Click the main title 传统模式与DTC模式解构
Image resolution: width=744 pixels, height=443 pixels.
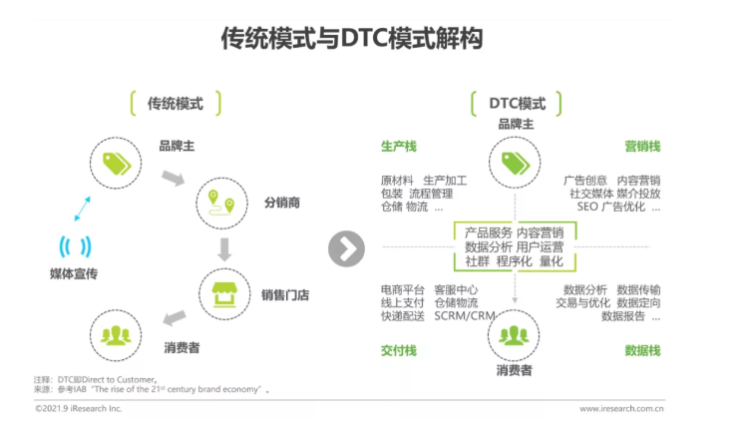[x=352, y=38]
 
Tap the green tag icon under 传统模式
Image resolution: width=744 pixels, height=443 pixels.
[x=117, y=164]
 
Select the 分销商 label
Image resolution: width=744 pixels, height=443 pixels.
[x=282, y=203]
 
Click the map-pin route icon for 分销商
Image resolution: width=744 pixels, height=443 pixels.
[x=221, y=203]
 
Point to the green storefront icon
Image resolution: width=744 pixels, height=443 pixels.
[x=224, y=295]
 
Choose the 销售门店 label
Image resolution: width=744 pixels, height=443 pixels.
[x=285, y=295]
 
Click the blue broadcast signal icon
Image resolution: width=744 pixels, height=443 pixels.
[x=75, y=246]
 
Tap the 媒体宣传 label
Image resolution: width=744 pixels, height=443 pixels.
[x=74, y=274]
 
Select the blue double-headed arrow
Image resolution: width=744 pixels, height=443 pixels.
[x=82, y=209]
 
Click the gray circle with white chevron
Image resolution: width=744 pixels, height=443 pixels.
[x=346, y=248]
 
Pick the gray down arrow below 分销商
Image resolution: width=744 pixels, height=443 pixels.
[x=224, y=249]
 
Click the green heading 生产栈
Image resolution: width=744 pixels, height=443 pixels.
[x=399, y=147]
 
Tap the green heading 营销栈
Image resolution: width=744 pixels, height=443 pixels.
[x=642, y=147]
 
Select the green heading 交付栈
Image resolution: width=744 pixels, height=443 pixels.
[x=399, y=351]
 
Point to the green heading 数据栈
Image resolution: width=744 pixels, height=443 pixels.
[x=642, y=351]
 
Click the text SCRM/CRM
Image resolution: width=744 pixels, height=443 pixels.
[x=465, y=316]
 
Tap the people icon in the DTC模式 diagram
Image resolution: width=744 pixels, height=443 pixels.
[x=514, y=335]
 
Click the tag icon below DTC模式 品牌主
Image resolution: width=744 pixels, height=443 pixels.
[x=516, y=164]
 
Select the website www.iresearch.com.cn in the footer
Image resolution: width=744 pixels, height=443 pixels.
[x=621, y=408]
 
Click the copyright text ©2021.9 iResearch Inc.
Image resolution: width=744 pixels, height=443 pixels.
[x=79, y=408]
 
